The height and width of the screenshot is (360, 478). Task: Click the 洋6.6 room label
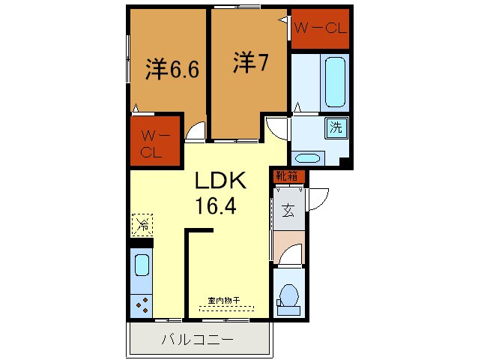[172, 70]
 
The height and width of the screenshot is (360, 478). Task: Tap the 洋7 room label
[251, 63]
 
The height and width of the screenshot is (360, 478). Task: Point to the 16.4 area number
[216, 205]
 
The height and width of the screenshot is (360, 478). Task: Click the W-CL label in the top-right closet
[319, 30]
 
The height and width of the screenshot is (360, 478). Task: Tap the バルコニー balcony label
[197, 340]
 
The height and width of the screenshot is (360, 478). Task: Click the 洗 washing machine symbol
[336, 127]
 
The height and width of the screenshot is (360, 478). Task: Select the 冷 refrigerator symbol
[142, 223]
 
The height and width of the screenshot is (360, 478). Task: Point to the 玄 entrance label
[288, 211]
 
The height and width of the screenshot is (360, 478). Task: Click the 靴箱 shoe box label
[287, 177]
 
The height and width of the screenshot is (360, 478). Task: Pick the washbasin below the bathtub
[306, 158]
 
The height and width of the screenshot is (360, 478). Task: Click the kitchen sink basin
[142, 265]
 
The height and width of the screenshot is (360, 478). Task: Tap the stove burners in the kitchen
[142, 304]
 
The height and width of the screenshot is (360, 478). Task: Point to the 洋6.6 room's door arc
[196, 132]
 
